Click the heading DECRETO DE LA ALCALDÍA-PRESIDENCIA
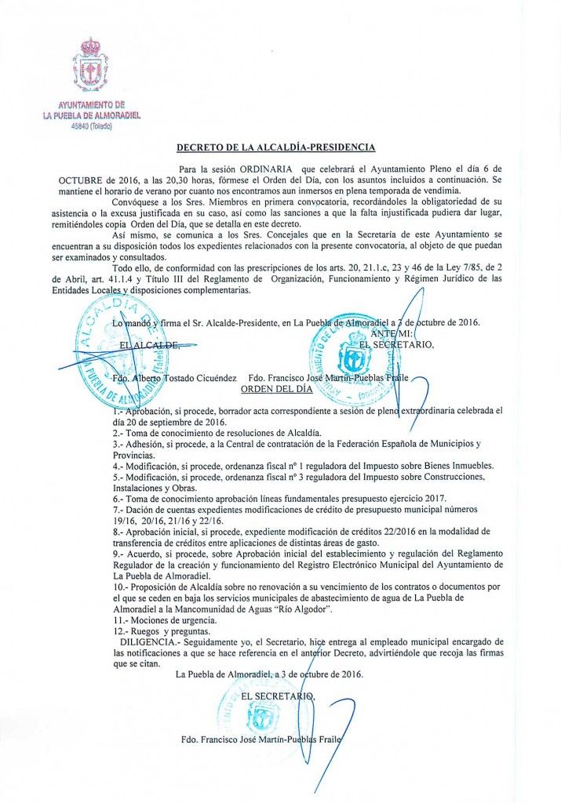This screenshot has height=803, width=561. (x=275, y=147)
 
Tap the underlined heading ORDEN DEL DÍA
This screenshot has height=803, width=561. (x=276, y=388)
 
